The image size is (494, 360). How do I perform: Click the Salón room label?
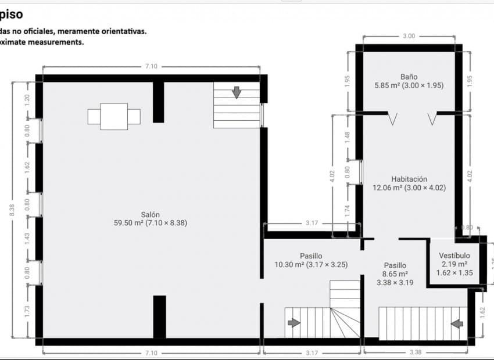tap(151, 214)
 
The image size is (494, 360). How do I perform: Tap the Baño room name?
tap(409, 77)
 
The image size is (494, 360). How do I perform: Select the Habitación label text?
tap(409, 179)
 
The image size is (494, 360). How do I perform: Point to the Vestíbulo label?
tap(454, 255)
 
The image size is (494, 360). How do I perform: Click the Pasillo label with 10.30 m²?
tap(311, 256)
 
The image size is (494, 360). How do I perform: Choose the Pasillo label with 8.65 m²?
tap(395, 265)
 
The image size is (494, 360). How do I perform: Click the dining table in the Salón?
tap(114, 116)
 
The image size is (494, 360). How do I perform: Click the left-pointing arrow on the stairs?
tap(457, 323)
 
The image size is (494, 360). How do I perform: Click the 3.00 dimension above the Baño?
tap(409, 36)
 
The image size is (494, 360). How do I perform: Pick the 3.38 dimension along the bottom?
tap(416, 352)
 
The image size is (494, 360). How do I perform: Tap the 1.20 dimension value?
tap(27, 100)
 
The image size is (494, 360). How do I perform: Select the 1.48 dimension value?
tap(347, 136)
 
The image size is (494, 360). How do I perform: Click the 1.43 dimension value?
tap(27, 239)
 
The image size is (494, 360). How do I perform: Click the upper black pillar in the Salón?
tap(158, 102)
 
